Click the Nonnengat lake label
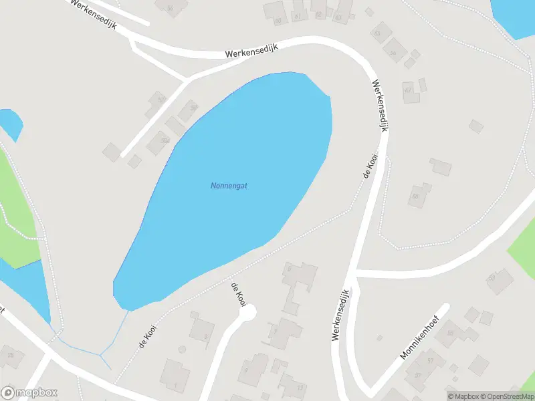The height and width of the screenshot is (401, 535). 229,186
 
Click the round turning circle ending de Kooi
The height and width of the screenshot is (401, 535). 248,311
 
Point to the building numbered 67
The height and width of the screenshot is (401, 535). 409,90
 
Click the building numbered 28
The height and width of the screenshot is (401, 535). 11,355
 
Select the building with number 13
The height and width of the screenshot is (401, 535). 293,386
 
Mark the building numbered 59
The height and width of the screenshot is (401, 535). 188,109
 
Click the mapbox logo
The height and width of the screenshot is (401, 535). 29,393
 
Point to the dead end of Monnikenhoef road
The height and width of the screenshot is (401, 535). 446,308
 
